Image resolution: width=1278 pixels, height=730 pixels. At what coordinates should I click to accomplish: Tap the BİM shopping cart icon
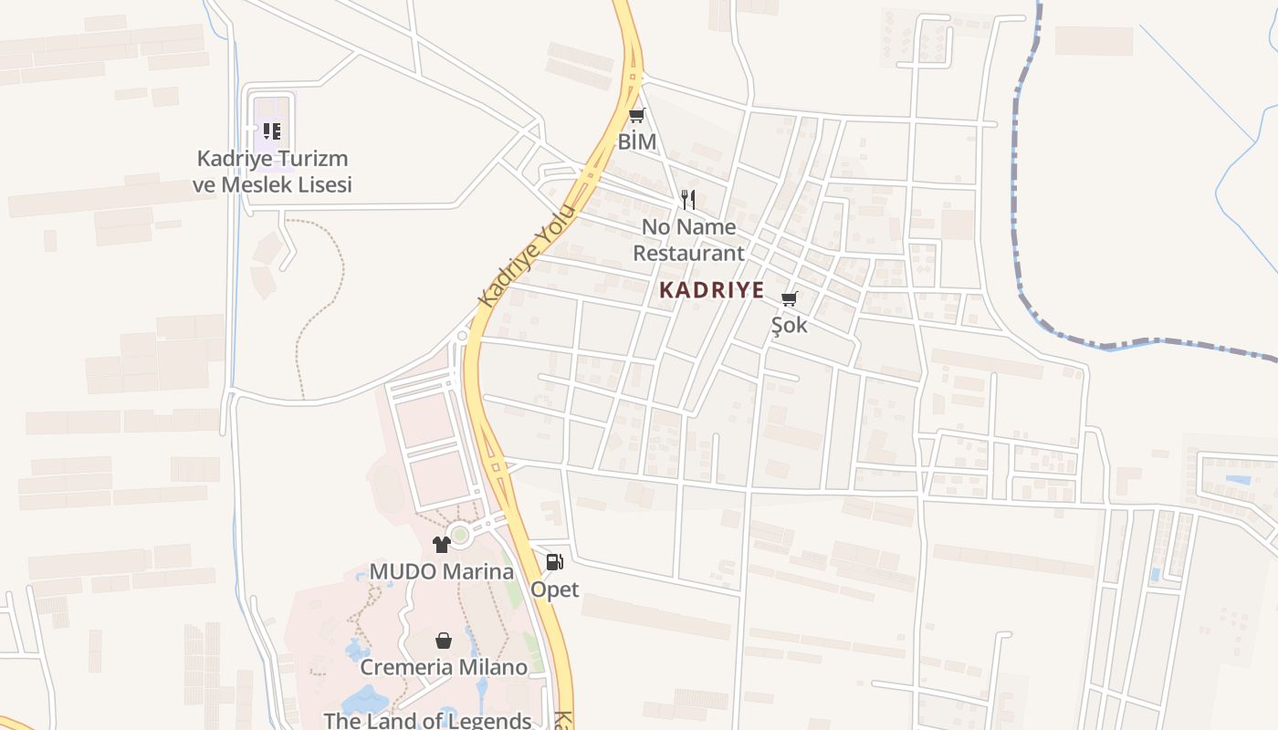637,115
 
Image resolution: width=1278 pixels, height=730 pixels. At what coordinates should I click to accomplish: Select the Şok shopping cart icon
790,298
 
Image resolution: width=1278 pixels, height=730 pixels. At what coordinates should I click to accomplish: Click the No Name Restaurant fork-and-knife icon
689,199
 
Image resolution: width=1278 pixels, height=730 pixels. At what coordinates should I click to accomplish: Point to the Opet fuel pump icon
554,562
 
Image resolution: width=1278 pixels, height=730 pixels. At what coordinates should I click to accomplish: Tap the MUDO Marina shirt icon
442,545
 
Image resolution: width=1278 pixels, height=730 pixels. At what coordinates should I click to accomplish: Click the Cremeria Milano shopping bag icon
443,641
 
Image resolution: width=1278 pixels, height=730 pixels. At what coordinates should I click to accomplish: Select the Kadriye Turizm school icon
272,131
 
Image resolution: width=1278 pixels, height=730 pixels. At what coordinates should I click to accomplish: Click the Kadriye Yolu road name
528,256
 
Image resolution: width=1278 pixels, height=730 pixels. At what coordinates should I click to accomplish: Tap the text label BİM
637,141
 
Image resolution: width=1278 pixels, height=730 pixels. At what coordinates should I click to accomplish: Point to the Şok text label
790,325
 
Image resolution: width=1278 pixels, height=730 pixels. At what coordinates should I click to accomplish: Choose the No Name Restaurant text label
689,240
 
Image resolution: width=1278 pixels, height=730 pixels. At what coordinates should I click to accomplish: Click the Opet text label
555,589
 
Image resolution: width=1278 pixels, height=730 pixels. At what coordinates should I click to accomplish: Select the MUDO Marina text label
442,572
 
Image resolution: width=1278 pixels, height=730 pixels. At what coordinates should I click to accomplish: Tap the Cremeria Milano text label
444,667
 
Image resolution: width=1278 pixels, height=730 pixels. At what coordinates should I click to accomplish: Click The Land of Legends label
427,720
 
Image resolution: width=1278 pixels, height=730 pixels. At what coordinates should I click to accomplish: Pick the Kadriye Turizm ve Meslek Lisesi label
272,172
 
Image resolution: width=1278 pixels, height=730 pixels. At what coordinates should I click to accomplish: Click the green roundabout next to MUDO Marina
460,535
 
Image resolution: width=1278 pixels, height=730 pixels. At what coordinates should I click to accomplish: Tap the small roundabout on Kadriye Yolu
463,336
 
